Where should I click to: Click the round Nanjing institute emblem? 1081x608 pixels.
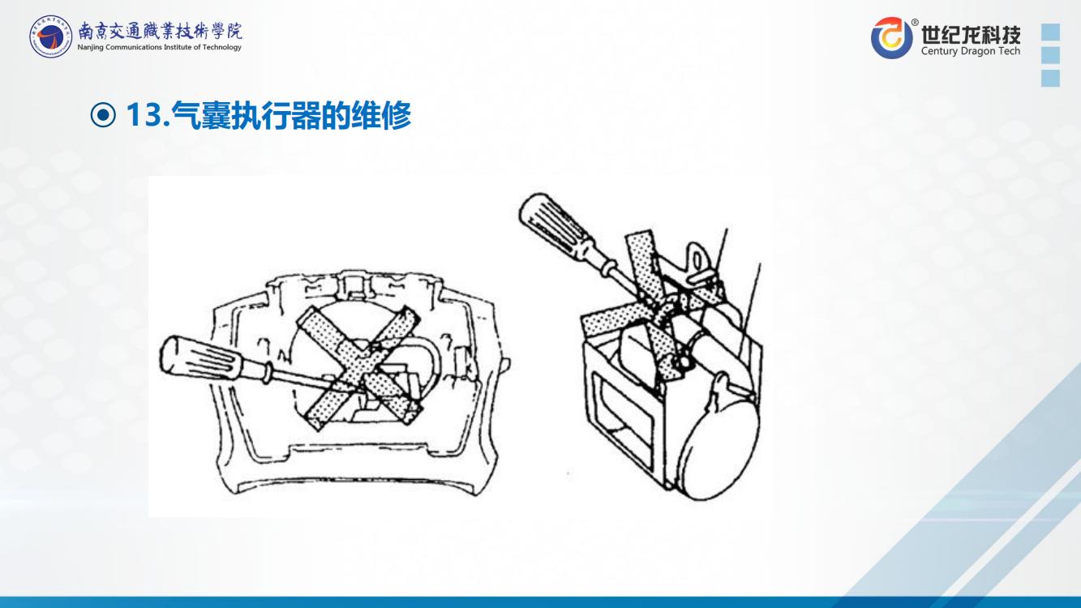50,36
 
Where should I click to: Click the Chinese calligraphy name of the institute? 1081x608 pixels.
161,32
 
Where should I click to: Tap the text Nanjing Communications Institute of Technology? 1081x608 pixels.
159,47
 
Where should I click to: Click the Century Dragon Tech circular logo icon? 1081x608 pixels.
892,37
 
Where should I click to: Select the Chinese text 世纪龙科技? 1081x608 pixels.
971,35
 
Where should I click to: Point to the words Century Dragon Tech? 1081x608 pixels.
971,51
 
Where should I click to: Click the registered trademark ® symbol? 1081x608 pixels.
915,22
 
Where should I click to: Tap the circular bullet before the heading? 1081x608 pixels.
103,115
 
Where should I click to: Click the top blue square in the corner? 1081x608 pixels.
1051,32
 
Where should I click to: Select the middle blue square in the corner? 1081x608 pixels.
1051,55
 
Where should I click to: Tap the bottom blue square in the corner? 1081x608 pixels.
1051,78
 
